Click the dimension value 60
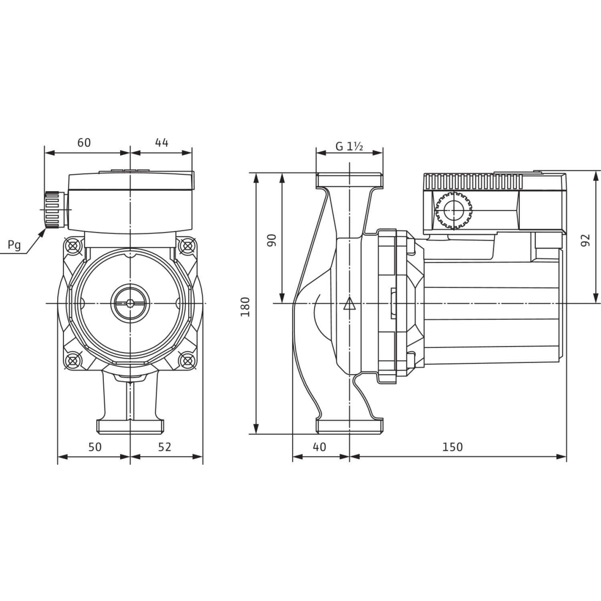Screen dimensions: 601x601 [84, 142]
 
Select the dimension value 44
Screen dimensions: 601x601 [161, 142]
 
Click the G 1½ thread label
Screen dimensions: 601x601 [349, 147]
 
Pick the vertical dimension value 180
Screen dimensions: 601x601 [245, 307]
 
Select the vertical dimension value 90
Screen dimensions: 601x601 [272, 240]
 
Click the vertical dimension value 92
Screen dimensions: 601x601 [586, 240]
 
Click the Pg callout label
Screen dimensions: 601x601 [15, 246]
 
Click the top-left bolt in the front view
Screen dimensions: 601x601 [73, 244]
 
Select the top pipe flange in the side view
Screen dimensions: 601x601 [350, 180]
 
